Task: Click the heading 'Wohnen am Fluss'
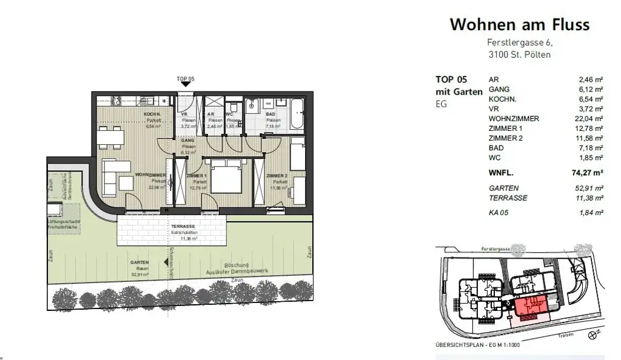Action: click(519, 25)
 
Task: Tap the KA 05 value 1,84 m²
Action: click(591, 213)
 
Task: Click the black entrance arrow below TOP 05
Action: click(184, 87)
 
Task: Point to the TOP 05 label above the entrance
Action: click(184, 79)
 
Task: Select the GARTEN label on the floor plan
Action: click(139, 262)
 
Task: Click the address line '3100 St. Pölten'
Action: click(520, 55)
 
